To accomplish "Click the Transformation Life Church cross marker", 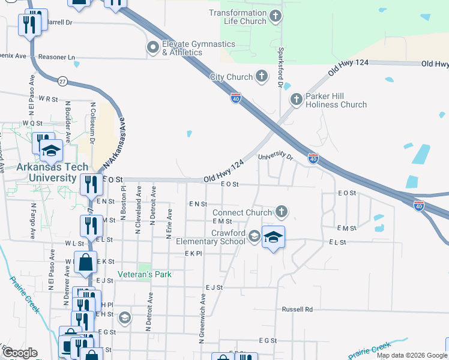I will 276,16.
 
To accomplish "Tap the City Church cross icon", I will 261,76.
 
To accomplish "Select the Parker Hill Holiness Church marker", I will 295,100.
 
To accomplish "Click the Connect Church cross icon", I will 281,211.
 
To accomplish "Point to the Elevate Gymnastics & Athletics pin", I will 152,47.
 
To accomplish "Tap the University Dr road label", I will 275,157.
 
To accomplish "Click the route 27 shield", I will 62,80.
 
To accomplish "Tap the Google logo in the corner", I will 20,353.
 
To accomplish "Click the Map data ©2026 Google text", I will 411,355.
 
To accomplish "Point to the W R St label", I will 47,97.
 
